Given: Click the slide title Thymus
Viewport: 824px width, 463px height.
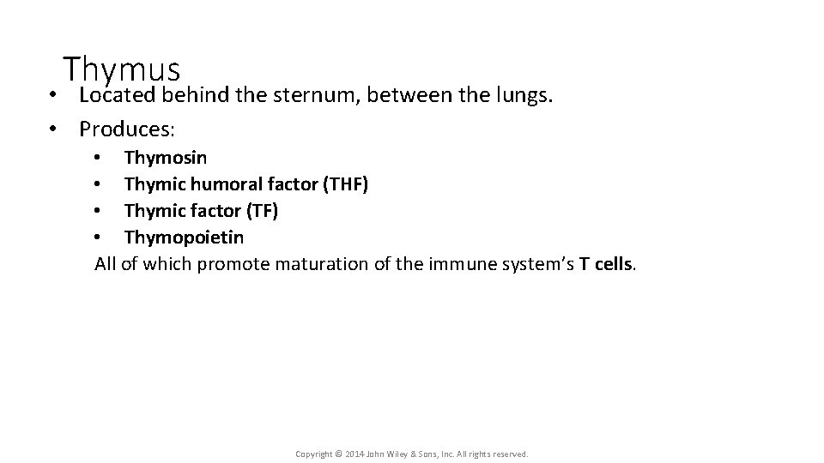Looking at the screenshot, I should pos(121,69).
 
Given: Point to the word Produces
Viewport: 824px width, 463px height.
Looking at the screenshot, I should pos(126,129).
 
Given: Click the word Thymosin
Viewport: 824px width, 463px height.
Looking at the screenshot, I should pos(165,158).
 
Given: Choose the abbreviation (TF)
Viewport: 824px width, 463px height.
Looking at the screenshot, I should pos(262,211).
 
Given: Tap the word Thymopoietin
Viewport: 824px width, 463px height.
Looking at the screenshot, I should pos(184,238).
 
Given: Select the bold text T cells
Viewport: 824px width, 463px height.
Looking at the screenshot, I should pos(607,264).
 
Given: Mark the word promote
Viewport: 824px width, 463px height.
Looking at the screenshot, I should pos(233,264).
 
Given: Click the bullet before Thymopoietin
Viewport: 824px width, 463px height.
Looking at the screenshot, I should pos(99,238).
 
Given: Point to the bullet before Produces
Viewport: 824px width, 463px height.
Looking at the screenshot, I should pos(53,129).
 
